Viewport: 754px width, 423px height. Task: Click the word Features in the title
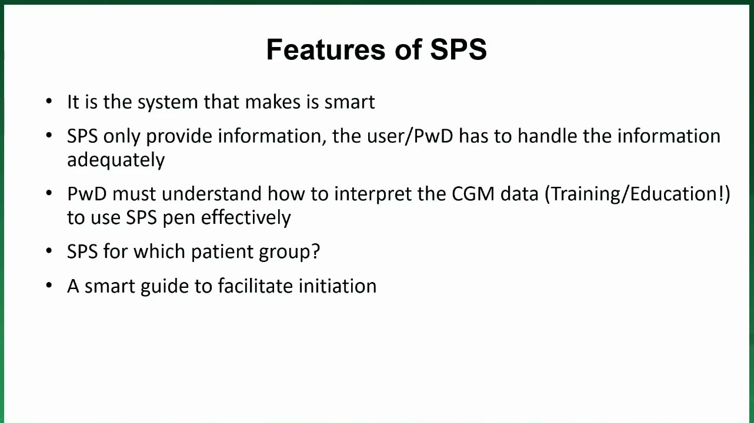click(325, 49)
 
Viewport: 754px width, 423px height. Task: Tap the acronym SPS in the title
click(459, 49)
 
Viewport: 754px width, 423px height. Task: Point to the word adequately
click(116, 160)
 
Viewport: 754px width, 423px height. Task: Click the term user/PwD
click(410, 136)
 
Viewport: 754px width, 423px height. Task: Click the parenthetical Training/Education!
click(637, 194)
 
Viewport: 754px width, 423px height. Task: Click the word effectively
click(246, 217)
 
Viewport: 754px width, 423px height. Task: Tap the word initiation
click(338, 286)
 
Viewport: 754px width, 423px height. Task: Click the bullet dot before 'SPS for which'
click(49, 251)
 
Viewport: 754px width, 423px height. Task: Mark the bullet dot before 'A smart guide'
click(49, 286)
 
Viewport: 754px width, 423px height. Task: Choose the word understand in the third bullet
click(211, 194)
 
